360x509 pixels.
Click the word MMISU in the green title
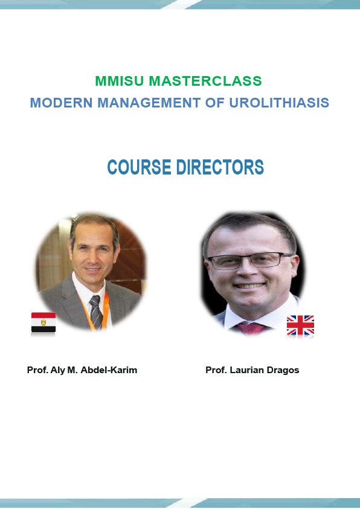[119, 81]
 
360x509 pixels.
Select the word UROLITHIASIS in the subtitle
[279, 103]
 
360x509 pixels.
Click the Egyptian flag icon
[43, 322]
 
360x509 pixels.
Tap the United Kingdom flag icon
[300, 325]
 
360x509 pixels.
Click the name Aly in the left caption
[57, 370]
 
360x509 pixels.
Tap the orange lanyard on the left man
[104, 312]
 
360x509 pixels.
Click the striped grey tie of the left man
[96, 312]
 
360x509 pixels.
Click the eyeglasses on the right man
[250, 261]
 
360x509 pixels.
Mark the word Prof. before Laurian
[216, 370]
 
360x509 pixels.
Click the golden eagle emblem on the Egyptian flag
[43, 322]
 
